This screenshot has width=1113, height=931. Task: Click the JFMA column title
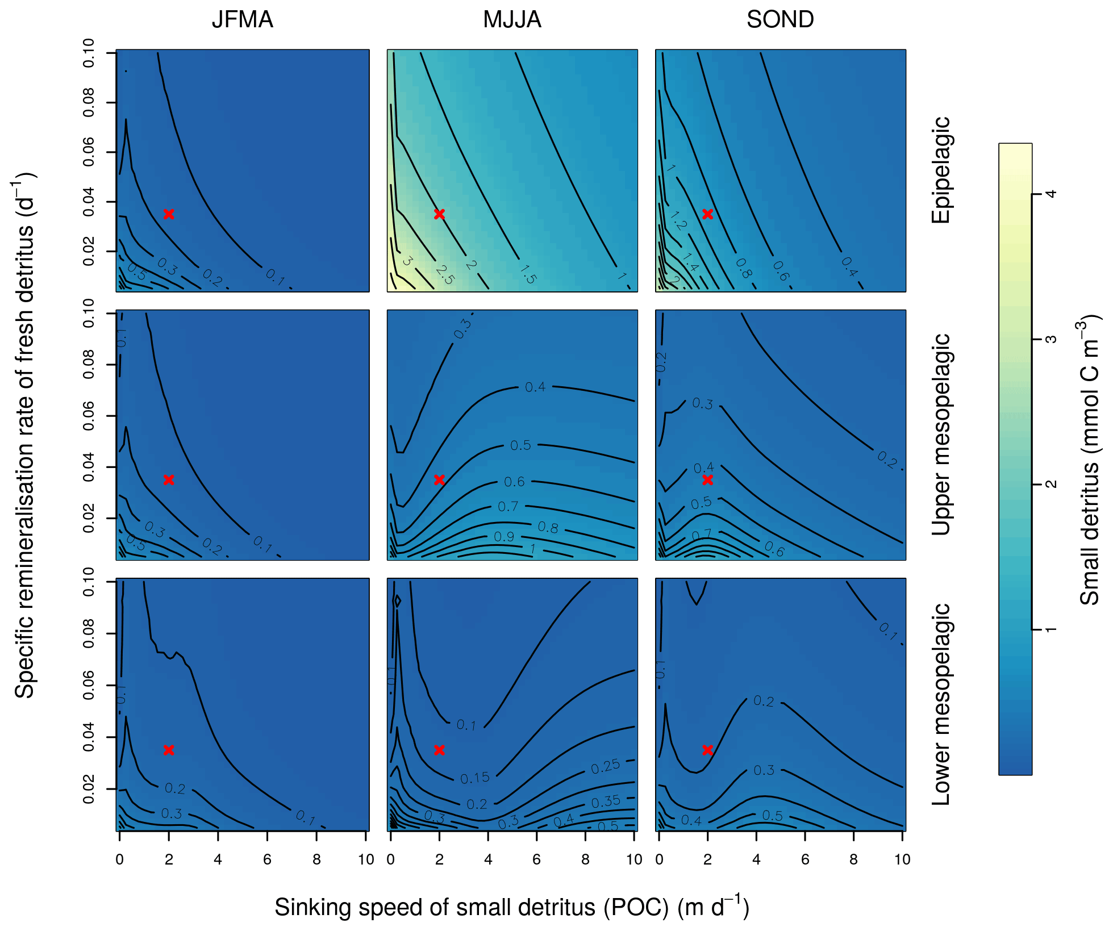point(243,20)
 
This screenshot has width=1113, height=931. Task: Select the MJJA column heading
point(512,20)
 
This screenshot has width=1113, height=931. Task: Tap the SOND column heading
point(780,20)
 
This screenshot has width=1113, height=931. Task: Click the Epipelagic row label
point(941,170)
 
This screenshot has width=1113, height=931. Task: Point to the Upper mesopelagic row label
point(941,435)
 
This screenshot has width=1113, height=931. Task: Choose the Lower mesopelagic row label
point(941,704)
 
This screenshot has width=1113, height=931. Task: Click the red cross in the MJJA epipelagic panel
point(439,214)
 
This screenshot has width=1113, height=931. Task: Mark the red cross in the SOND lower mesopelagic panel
point(707,750)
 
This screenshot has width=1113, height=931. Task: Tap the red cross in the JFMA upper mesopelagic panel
point(169,480)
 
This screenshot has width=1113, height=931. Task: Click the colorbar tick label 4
point(1051,194)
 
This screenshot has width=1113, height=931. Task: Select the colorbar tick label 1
point(1051,629)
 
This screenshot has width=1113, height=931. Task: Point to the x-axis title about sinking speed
point(511,907)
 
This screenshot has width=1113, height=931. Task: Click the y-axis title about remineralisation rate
point(24,435)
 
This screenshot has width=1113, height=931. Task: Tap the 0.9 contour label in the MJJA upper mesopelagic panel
point(504,537)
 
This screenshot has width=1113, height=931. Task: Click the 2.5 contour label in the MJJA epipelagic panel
point(445,274)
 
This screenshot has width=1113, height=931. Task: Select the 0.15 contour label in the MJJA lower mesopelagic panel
point(475,778)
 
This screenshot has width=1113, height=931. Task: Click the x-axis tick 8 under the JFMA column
point(316,859)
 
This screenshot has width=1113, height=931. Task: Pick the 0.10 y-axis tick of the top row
point(89,53)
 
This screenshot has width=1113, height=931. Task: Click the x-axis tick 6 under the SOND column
point(805,859)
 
